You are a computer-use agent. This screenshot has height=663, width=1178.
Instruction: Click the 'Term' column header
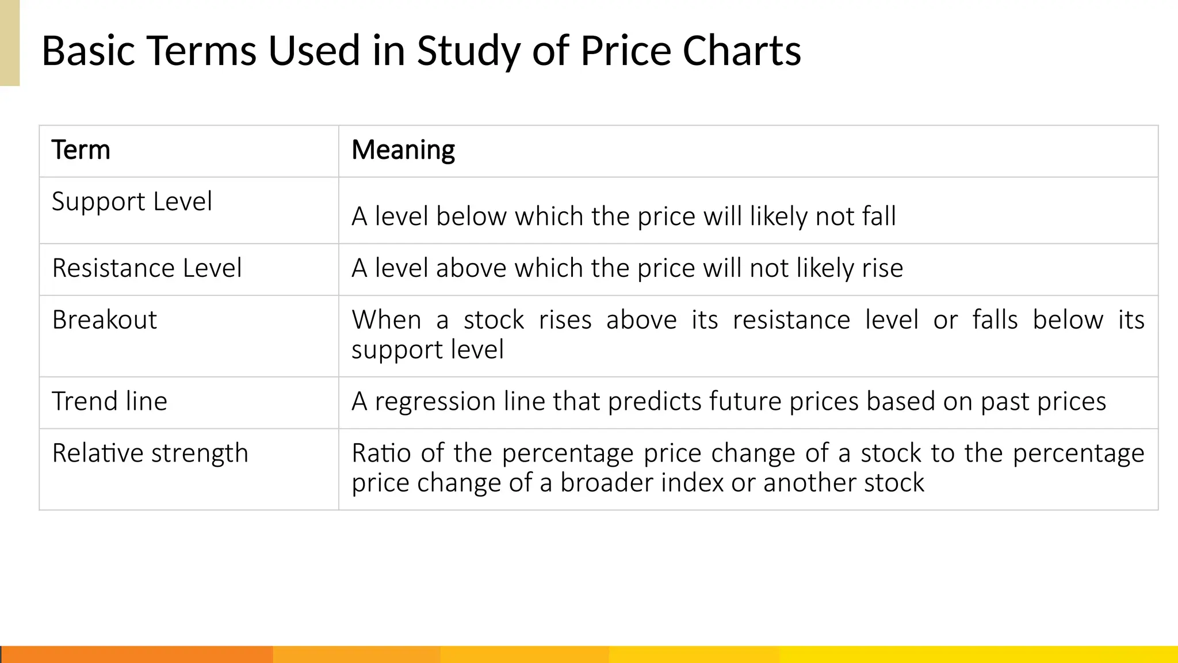point(81,150)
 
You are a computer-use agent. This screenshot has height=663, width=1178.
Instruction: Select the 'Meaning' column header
point(403,150)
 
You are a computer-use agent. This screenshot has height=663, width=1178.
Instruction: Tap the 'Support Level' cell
point(132,202)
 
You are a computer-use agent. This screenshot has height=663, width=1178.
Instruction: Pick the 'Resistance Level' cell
point(147,268)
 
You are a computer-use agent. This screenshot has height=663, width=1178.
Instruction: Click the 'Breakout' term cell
point(104,320)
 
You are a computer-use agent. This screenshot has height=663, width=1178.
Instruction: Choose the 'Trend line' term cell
point(109,401)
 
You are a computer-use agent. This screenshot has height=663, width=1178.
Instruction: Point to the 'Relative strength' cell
point(150,454)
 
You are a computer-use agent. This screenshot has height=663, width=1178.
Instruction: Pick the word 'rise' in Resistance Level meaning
point(882,269)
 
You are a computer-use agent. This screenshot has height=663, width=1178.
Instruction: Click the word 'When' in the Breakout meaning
point(387,320)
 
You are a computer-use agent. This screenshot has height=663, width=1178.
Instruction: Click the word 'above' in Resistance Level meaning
point(471,269)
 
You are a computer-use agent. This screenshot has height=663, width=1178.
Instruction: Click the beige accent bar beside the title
point(10,43)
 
